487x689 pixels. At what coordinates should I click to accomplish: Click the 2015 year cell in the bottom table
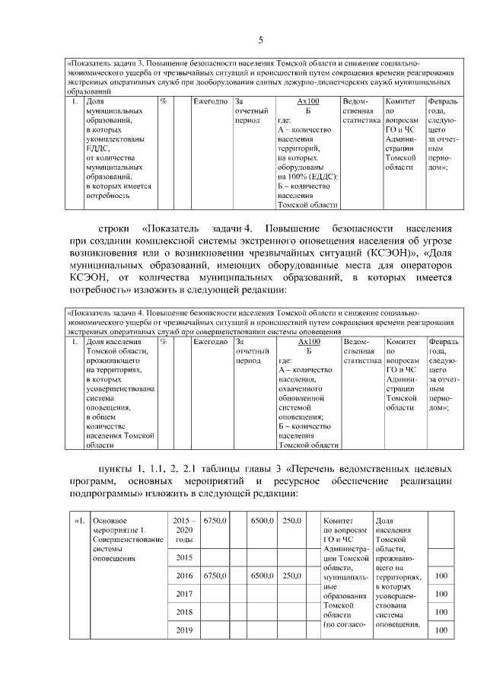pyautogui.click(x=183, y=557)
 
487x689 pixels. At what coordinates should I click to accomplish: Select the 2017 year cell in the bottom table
pyautogui.click(x=183, y=594)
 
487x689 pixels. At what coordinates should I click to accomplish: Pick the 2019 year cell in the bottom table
pyautogui.click(x=183, y=630)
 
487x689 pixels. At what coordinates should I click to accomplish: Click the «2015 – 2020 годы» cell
pyautogui.click(x=183, y=529)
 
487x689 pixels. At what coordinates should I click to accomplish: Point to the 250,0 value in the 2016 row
pyautogui.click(x=292, y=576)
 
